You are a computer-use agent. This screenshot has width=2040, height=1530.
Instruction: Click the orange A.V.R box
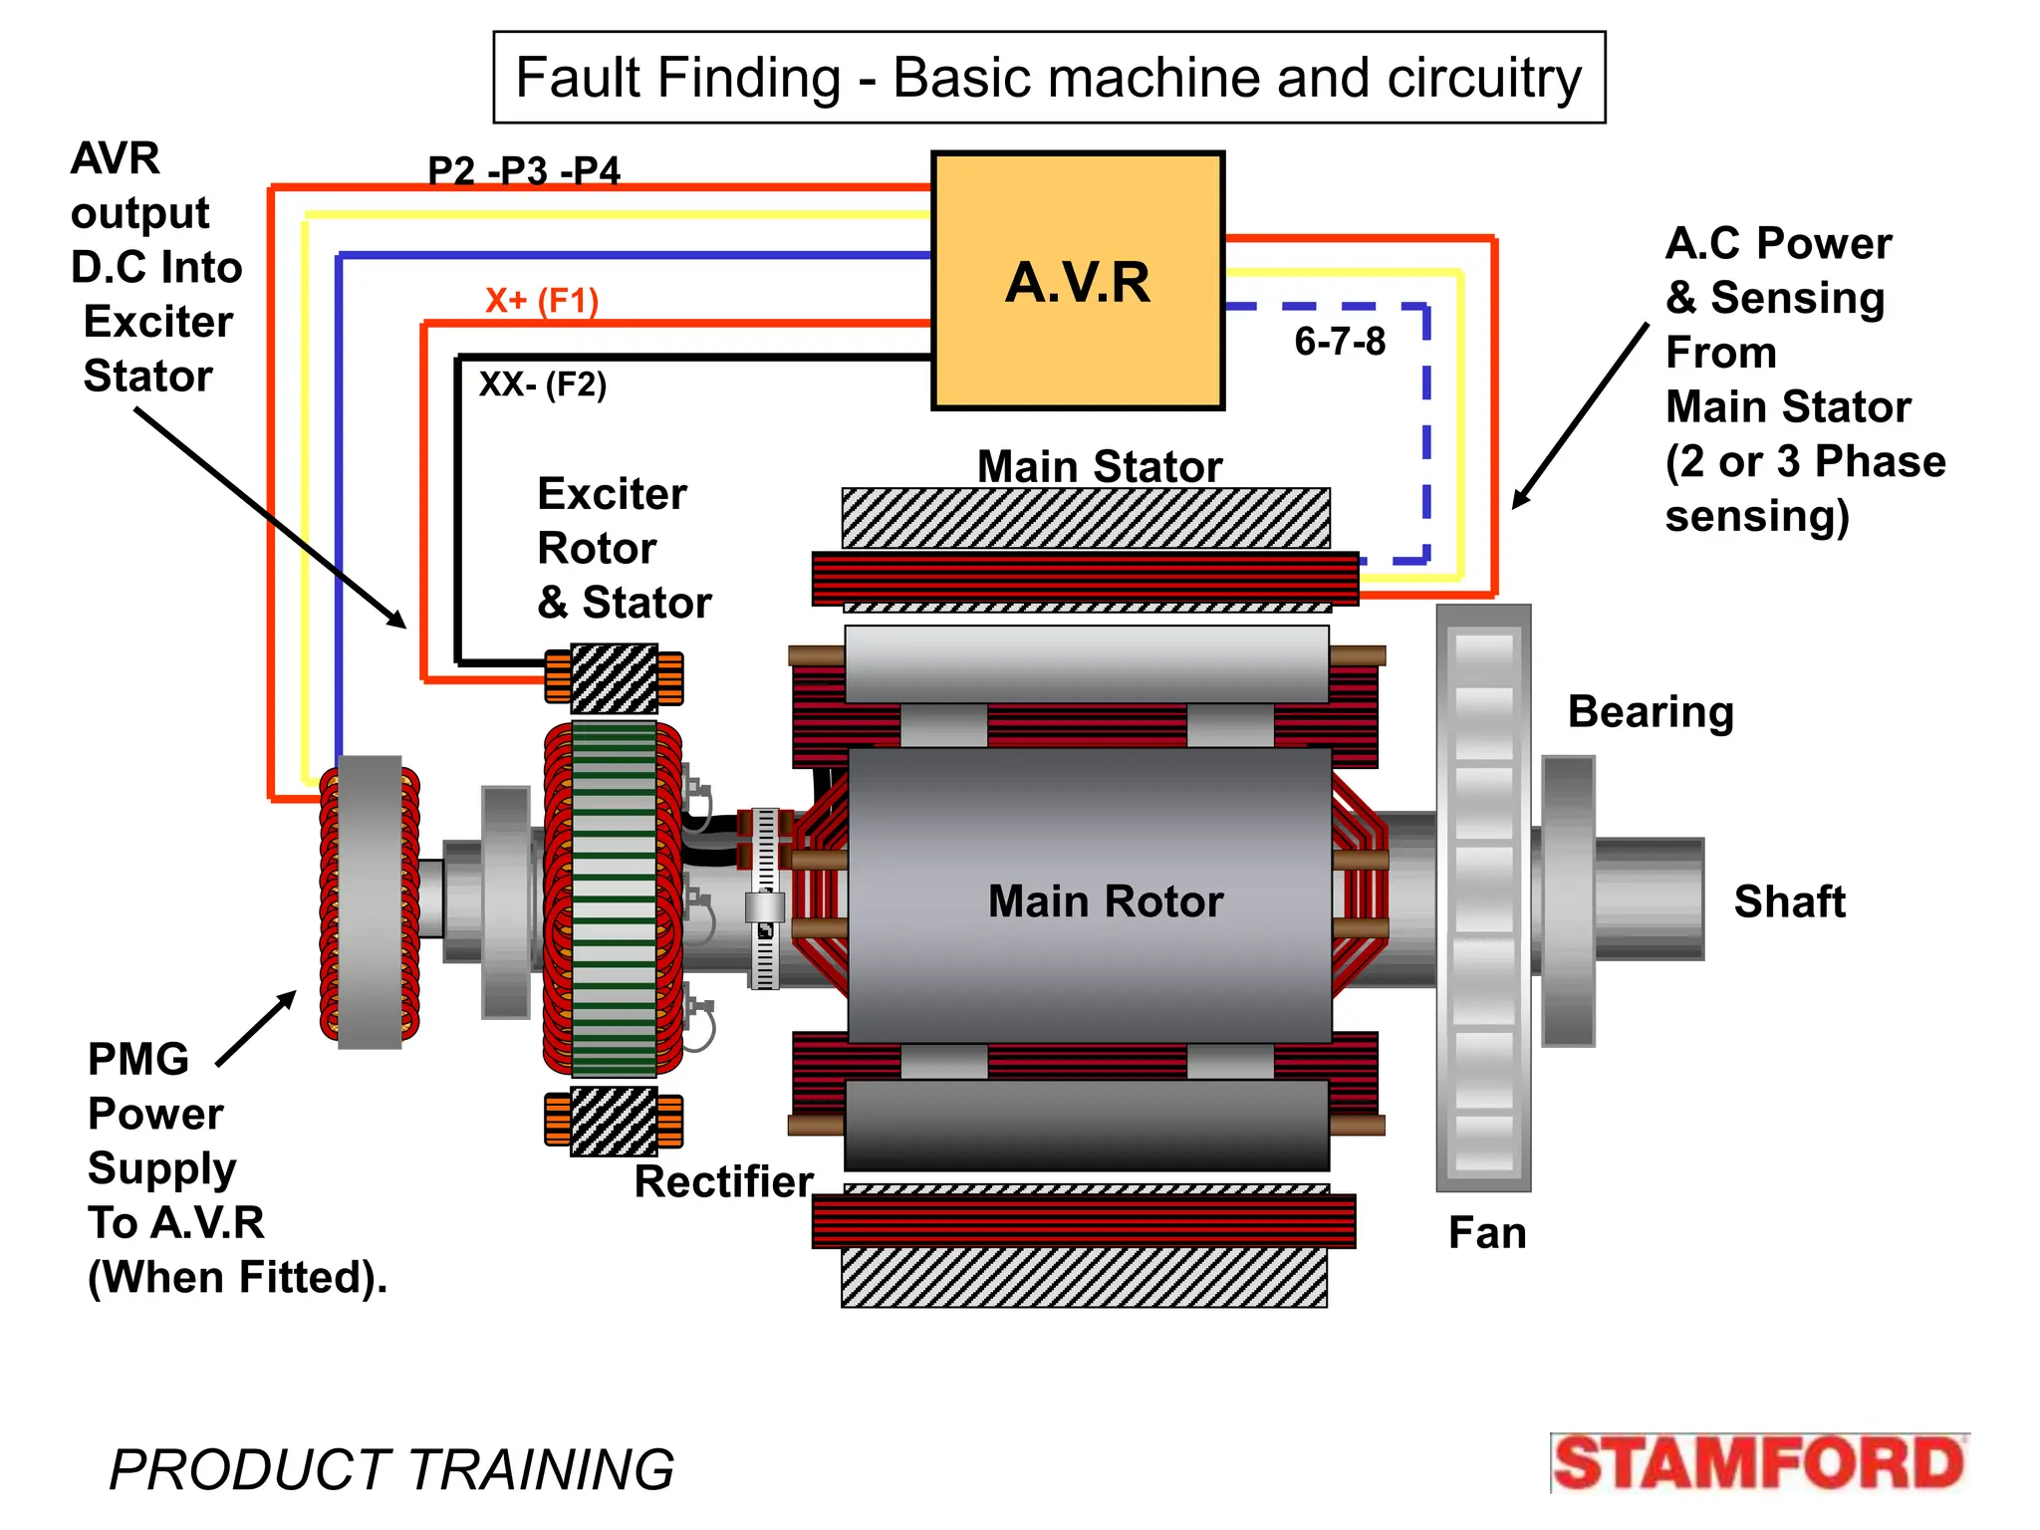coord(1077,281)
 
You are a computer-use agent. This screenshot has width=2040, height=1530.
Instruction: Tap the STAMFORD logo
coord(1759,1463)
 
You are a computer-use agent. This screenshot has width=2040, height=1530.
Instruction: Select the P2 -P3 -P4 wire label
coord(524,170)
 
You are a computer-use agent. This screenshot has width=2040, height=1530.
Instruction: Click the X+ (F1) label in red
coord(541,300)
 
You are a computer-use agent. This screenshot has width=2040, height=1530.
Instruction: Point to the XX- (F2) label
coord(542,383)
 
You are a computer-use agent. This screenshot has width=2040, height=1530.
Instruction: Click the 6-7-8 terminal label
coord(1339,342)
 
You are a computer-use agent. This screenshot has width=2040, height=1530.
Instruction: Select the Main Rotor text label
coord(1105,901)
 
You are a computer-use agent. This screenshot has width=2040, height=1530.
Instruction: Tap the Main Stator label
coord(1099,466)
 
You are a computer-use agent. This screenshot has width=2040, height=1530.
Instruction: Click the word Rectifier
coord(724,1181)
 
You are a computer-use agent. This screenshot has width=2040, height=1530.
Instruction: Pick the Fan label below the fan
coord(1486,1233)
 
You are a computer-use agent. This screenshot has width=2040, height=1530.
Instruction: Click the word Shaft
coord(1789,901)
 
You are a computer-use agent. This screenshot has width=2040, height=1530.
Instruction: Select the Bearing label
coord(1651,712)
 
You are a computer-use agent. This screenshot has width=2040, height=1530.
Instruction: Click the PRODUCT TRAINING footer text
coord(391,1469)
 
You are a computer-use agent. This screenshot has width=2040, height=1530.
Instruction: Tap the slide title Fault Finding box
coord(1048,78)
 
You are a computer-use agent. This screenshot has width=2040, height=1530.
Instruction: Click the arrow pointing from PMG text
coord(256,1029)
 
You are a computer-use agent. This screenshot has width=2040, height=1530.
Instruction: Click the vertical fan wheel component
coord(1483,896)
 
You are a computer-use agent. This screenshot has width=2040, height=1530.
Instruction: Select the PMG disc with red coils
coord(370,901)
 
